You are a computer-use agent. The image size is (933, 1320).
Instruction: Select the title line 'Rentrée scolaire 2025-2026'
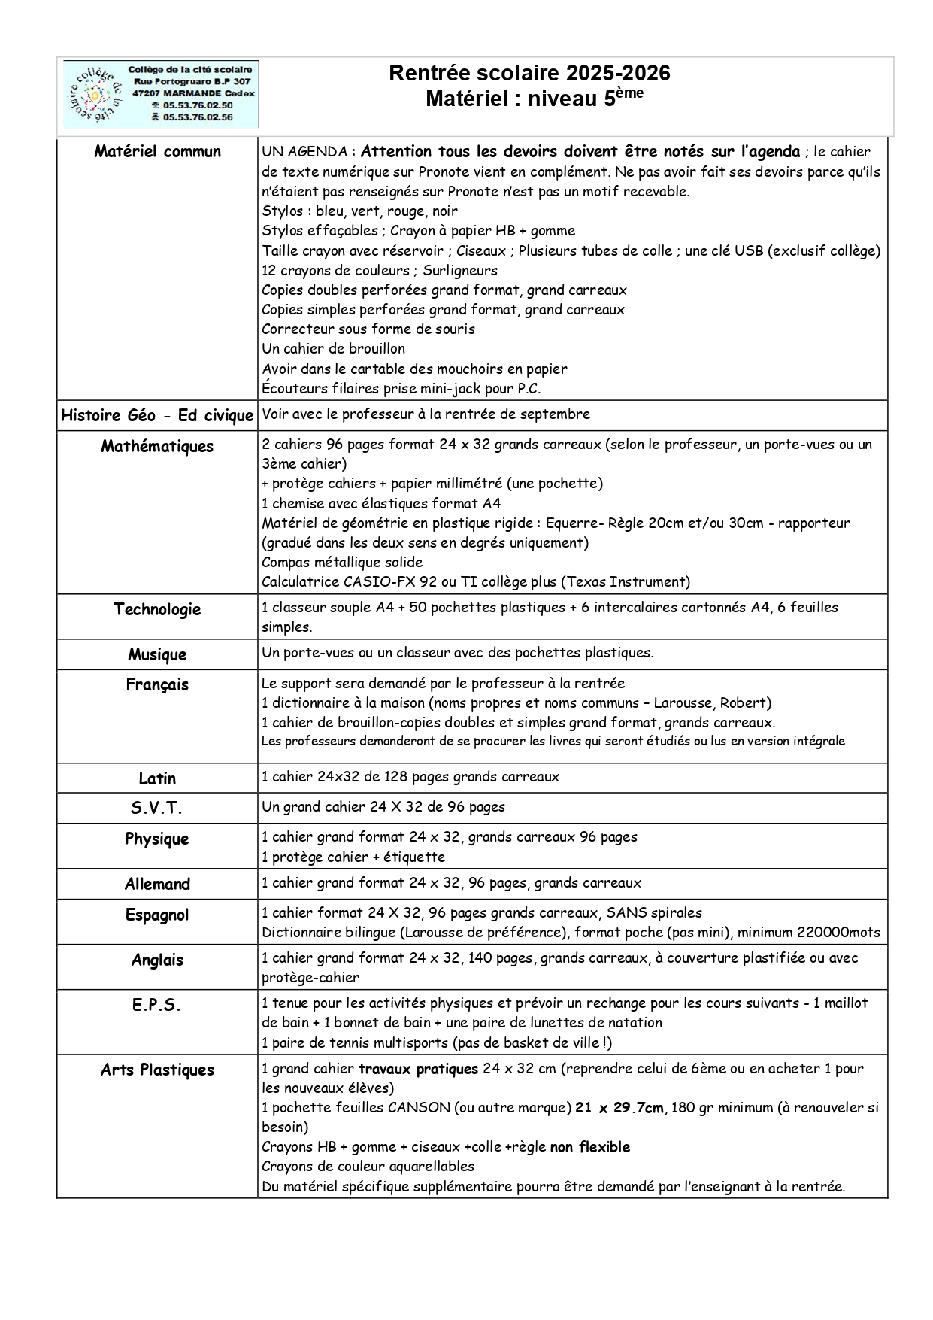tap(529, 73)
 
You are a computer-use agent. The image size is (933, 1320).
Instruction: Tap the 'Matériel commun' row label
tap(157, 151)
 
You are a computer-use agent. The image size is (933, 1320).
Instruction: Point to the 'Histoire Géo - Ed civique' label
tap(157, 415)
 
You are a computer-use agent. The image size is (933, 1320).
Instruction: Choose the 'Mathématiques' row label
tap(157, 446)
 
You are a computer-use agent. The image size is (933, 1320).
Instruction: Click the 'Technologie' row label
tap(157, 609)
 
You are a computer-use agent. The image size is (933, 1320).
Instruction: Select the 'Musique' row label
tap(157, 654)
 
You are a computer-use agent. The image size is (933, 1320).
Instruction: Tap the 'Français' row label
tap(157, 684)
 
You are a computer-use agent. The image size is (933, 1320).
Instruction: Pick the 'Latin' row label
tap(157, 778)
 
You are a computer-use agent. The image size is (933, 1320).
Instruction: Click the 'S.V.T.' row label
tap(157, 809)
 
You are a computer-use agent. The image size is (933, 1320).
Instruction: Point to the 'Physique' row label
tap(157, 839)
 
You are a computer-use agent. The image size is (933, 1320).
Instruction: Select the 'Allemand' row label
tap(157, 884)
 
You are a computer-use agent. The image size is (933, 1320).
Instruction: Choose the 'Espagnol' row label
tap(157, 915)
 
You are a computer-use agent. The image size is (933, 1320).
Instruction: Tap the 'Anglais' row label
tap(157, 960)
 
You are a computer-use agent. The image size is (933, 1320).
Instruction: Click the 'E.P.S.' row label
tap(157, 1005)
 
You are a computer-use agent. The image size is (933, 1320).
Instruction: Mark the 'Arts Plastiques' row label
tap(157, 1070)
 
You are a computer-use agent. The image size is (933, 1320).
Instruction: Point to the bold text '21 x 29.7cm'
tap(619, 1108)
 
